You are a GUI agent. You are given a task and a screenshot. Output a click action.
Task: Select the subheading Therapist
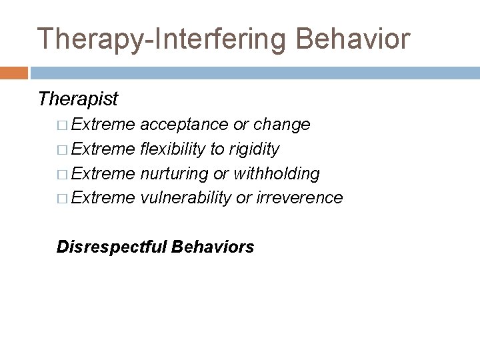pyautogui.click(x=78, y=99)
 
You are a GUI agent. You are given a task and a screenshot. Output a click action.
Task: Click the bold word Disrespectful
pyautogui.click(x=112, y=247)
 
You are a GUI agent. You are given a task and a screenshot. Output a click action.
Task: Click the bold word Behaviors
pyautogui.click(x=213, y=247)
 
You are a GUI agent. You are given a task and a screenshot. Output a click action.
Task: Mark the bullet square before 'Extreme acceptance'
pyautogui.click(x=62, y=125)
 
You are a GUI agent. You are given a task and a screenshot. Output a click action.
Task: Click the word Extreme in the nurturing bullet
pyautogui.click(x=104, y=173)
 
